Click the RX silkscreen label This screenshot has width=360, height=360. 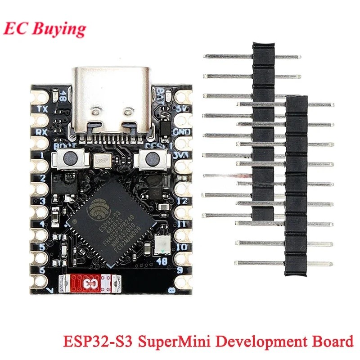[x=44, y=133]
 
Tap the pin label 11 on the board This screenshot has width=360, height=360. [x=169, y=224]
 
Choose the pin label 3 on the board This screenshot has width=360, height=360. [x=43, y=201]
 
